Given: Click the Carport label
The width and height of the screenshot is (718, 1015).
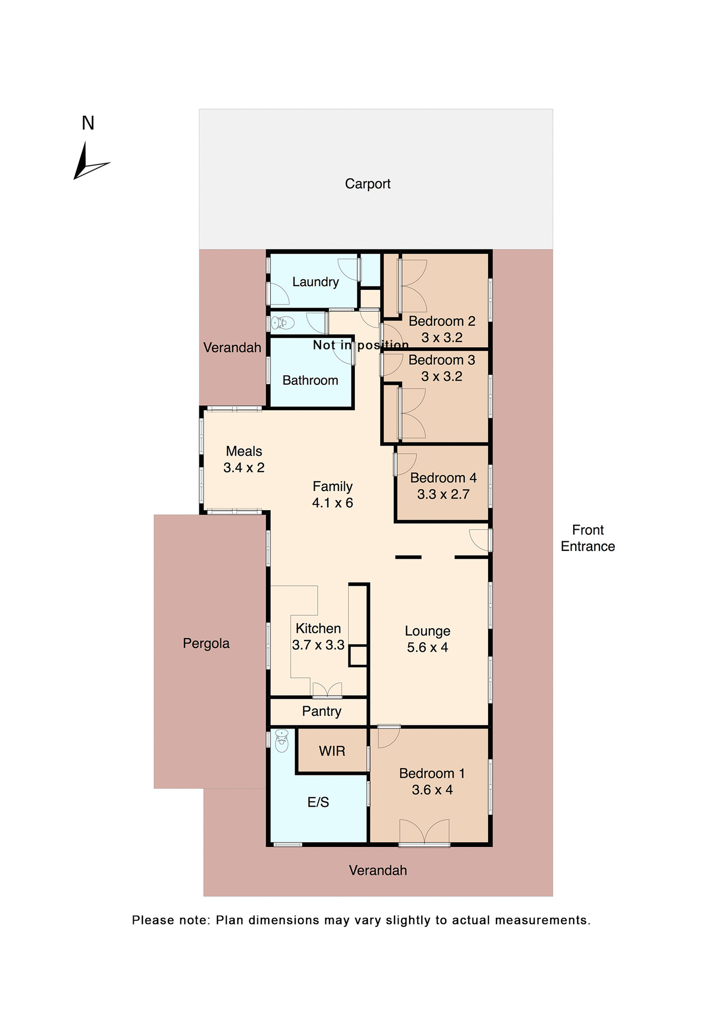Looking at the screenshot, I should (x=367, y=183).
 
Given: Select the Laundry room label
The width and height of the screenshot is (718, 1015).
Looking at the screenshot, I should (x=315, y=282).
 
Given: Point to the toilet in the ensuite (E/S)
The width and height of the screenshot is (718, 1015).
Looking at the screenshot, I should (x=282, y=741).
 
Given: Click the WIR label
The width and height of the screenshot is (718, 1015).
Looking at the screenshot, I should (x=332, y=751).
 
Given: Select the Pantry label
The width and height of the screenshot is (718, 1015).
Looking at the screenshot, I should (x=321, y=711).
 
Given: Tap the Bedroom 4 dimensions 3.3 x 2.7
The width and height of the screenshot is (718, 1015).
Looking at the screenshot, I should (x=443, y=494).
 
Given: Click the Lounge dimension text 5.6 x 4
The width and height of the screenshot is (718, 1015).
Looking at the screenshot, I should (x=427, y=648).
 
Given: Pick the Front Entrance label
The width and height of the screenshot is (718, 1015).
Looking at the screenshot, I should (x=587, y=538).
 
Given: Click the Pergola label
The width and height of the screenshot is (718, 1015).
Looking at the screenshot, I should (x=206, y=643).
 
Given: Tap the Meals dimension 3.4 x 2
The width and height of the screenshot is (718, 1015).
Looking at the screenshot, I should (x=244, y=468).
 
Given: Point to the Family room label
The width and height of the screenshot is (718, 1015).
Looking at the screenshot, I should (x=333, y=486).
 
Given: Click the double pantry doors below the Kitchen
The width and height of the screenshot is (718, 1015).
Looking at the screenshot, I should (x=327, y=690).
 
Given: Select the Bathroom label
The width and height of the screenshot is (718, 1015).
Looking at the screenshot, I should (x=310, y=380).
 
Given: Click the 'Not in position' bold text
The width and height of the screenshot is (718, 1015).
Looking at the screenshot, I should (x=361, y=345).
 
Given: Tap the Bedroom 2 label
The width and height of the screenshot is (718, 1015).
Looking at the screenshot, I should (x=442, y=321).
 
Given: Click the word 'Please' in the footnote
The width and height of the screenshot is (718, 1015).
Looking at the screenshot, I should (x=152, y=920).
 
